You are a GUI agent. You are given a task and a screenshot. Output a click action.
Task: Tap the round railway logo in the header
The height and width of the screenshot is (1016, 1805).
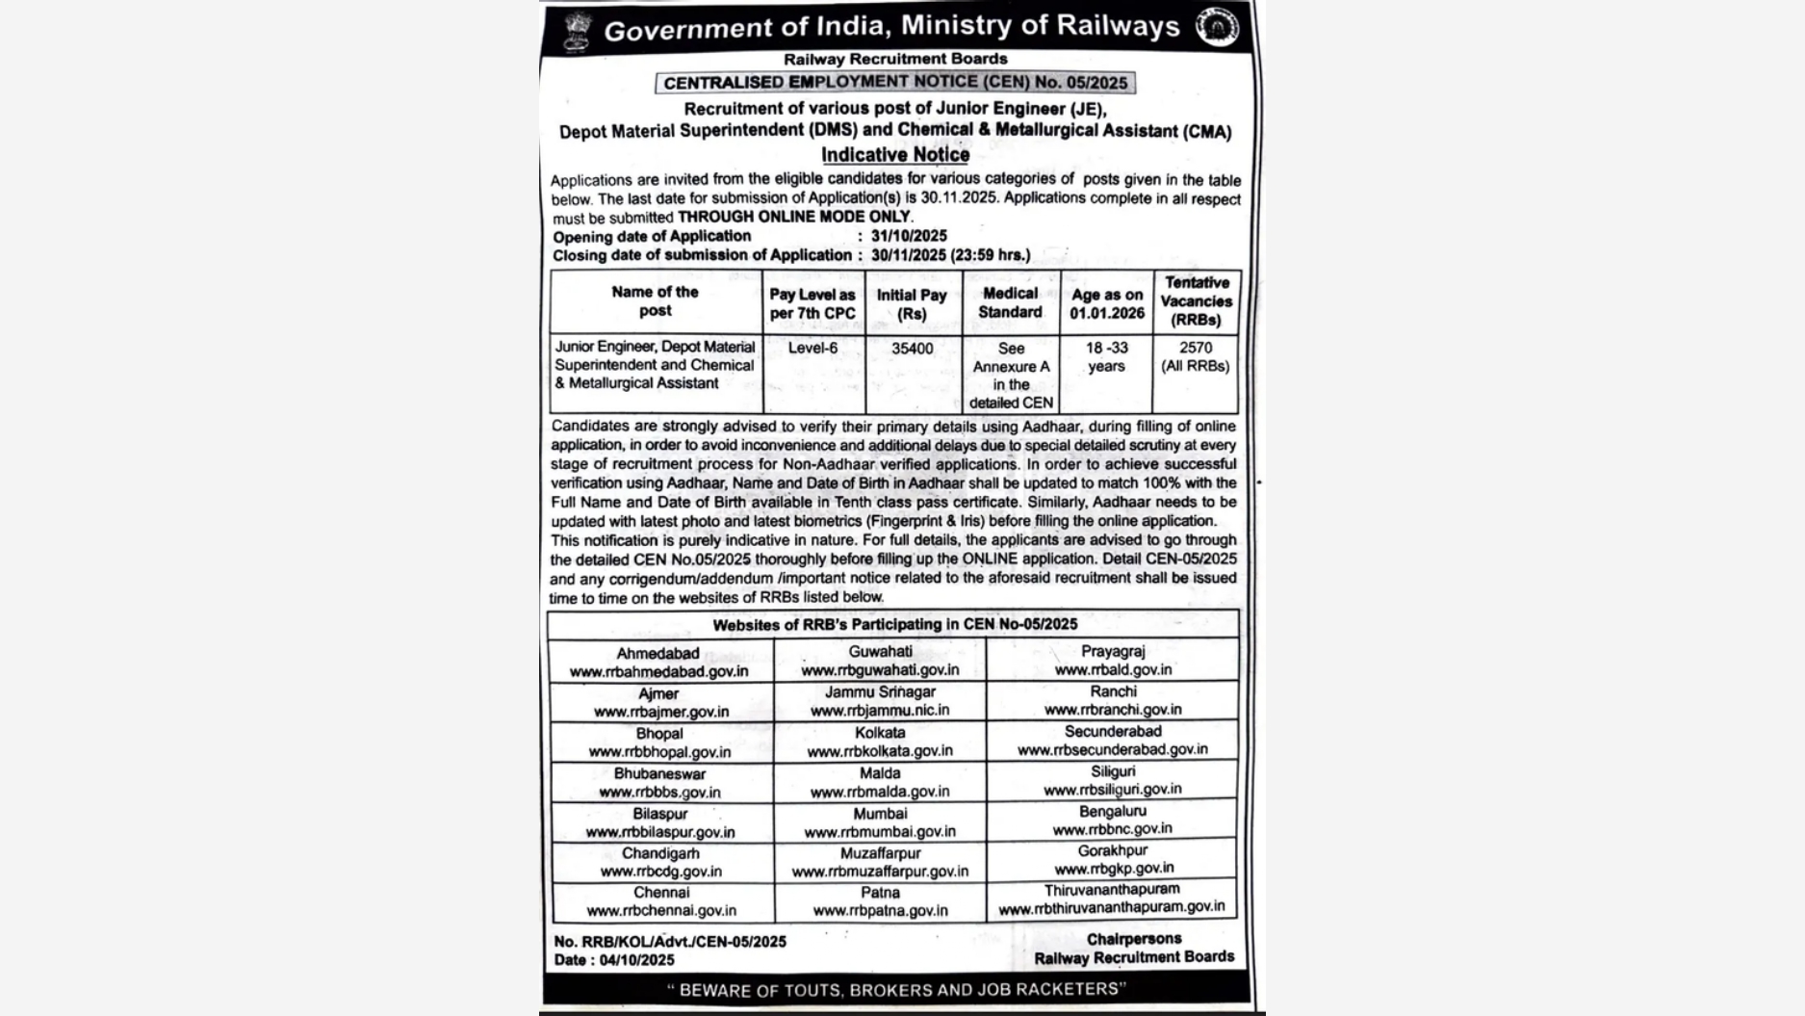tap(1217, 27)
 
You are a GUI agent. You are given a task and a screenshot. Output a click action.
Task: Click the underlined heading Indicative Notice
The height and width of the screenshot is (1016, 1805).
tap(894, 155)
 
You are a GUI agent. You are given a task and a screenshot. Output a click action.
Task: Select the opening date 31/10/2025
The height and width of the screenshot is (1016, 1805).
tap(909, 236)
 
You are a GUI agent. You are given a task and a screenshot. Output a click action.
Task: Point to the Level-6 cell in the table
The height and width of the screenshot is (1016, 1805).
tap(812, 348)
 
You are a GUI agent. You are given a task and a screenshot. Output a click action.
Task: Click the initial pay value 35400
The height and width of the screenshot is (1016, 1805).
tap(912, 348)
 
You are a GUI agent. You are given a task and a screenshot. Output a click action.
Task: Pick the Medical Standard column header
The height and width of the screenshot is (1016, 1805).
tap(1010, 302)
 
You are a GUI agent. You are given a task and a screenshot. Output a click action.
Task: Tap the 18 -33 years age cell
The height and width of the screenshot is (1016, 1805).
tap(1106, 356)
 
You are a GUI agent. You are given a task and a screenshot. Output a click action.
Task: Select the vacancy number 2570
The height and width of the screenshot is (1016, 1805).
tap(1196, 347)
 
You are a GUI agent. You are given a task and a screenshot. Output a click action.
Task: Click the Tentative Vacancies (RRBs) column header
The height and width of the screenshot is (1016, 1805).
tap(1197, 300)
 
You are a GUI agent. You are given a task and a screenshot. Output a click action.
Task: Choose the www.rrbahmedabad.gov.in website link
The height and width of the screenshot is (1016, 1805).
tap(658, 672)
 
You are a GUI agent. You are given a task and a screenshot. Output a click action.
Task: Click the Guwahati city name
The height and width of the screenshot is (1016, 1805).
tap(880, 652)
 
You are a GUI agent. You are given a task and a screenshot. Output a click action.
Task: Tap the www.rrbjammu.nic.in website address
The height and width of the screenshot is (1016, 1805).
tap(880, 711)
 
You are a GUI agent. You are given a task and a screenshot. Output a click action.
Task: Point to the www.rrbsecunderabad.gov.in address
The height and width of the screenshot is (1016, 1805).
tap(1112, 749)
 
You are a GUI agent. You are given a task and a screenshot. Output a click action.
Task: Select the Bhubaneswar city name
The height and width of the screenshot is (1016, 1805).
tap(659, 773)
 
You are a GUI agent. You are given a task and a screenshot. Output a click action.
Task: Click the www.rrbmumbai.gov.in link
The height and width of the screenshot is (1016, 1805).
tap(880, 832)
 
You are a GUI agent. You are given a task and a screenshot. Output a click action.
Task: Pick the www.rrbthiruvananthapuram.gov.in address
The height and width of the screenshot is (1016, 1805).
tap(1112, 907)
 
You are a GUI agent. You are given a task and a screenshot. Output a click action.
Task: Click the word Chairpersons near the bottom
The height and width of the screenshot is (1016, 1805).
tap(1133, 939)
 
